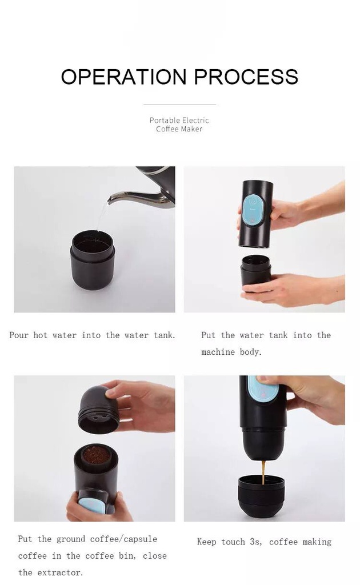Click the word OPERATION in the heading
123,77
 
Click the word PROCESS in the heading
246,77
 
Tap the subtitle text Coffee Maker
179,129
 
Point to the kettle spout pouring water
134,197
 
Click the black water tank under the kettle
93,260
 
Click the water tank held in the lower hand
255,271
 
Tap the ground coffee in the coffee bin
96,455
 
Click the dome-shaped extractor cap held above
98,410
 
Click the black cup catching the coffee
261,496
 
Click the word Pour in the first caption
19,335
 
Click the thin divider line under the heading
179,105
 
